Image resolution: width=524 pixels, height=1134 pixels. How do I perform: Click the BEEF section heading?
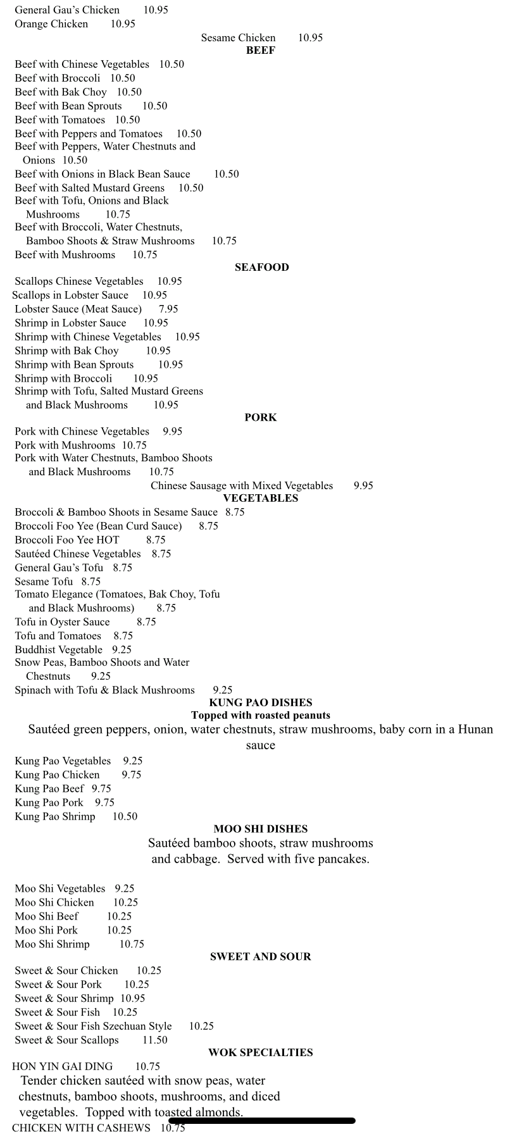point(260,51)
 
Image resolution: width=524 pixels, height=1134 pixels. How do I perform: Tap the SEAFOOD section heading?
point(261,267)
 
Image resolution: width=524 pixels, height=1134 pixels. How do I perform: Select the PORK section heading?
point(260,417)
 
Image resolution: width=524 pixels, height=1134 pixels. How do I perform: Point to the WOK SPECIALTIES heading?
point(260,1052)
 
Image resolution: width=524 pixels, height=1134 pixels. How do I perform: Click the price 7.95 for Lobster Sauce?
point(168,309)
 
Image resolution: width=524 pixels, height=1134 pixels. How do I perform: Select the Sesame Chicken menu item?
point(238,38)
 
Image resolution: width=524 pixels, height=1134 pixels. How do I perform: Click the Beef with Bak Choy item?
point(61,92)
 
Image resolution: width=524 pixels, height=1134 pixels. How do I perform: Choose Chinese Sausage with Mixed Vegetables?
point(241,485)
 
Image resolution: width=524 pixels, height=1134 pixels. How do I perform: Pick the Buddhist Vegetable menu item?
point(58,650)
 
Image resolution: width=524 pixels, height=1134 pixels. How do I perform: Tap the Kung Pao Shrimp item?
point(55,816)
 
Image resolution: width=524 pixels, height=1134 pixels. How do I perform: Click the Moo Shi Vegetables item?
point(60,888)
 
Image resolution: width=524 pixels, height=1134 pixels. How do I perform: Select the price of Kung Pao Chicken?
point(132,775)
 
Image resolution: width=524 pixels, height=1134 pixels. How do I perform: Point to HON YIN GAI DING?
point(62,1066)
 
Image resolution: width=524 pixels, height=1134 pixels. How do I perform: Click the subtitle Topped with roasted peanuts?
point(260,715)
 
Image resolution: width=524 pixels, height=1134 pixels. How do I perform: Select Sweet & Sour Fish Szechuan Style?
point(93,1026)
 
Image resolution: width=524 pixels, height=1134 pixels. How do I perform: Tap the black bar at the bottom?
point(261,1121)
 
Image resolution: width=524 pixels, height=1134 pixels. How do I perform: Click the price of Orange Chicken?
point(123,24)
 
